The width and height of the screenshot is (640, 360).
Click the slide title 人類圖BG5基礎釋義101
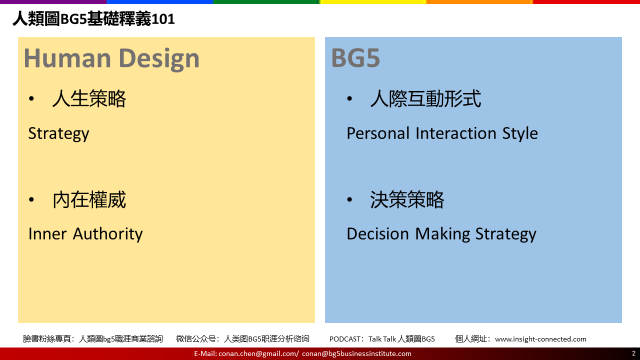[x=93, y=19]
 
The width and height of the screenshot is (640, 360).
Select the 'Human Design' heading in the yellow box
[x=111, y=58]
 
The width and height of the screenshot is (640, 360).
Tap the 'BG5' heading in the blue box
[x=355, y=58]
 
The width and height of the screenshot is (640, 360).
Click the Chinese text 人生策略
[x=89, y=98]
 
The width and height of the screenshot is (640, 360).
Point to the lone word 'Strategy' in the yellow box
[x=58, y=133]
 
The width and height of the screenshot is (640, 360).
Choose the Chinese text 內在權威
[x=89, y=199]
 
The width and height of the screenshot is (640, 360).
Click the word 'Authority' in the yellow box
[x=107, y=234]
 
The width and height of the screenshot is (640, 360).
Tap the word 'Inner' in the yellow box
[x=47, y=234]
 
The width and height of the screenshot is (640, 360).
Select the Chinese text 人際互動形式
[x=425, y=98]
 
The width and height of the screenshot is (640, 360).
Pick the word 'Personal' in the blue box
[x=378, y=133]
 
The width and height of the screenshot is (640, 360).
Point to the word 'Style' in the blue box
[x=520, y=133]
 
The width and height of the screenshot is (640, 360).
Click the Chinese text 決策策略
[x=407, y=199]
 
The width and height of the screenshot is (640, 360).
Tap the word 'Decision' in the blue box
[x=377, y=234]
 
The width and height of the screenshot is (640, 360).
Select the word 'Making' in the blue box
[x=442, y=234]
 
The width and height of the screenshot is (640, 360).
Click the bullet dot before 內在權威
[x=31, y=199]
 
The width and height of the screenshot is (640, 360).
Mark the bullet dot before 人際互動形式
[x=349, y=98]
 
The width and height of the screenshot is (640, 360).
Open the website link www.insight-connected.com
[x=540, y=339]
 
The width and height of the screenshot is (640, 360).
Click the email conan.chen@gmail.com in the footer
[x=257, y=353]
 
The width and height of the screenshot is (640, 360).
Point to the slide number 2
[x=633, y=353]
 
